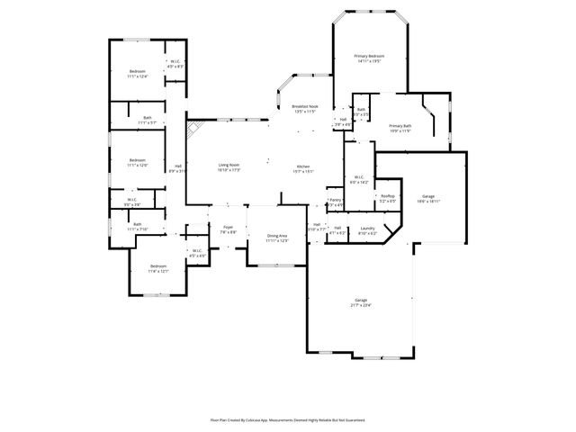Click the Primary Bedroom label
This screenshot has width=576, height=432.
pos(369,56)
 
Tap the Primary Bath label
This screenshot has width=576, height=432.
pos(400,125)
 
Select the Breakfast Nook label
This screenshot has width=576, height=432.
pos(304,106)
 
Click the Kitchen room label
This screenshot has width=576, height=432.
pos(303,166)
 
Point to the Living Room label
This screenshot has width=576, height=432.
pos(229,165)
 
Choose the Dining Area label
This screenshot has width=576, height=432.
pos(277,236)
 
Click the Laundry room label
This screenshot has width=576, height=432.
pos(366,229)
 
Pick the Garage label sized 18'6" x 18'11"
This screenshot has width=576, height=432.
pos(428,196)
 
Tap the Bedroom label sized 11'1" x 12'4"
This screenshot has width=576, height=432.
pos(137,71)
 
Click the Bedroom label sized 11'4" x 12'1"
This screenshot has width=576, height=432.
pos(158,265)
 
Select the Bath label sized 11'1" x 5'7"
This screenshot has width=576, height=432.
pos(148,117)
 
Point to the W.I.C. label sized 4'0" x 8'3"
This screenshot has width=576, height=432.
pos(175,62)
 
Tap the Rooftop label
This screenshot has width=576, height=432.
pos(388,196)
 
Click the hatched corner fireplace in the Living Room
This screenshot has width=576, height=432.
pos(193,130)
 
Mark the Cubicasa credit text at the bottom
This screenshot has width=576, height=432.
pos(287,419)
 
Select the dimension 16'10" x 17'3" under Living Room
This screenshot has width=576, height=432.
pos(229,170)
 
